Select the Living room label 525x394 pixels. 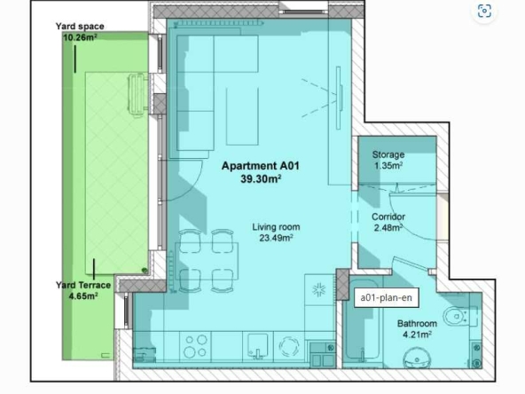tap(272, 226)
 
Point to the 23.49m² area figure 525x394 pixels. tap(272, 237)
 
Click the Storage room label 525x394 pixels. tap(388, 154)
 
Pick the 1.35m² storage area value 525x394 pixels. tap(388, 165)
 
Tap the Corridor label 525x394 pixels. tap(388, 216)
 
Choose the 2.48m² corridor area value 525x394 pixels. tap(388, 227)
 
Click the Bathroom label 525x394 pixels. tap(414, 324)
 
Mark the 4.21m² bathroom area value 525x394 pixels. tap(414, 335)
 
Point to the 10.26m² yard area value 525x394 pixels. tap(79, 38)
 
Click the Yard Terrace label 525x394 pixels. tap(82, 285)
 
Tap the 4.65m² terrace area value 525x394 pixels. tap(82, 295)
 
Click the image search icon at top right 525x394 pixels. tap(484, 12)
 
